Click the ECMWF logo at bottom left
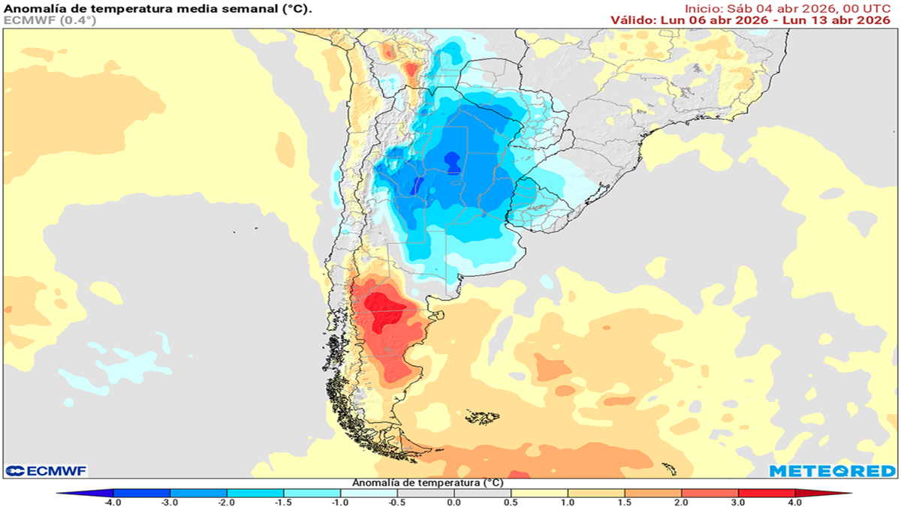coord(47,471)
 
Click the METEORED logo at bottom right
coord(832,471)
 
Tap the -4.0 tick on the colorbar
coord(113,501)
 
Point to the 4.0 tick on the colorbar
coord(795,501)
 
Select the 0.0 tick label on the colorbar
coord(454,501)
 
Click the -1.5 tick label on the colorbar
coord(284,501)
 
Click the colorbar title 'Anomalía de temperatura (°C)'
coord(427,482)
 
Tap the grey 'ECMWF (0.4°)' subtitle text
coord(50,20)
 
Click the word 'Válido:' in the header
coord(634,20)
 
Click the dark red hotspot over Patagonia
coord(384,309)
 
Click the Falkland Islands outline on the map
coord(481,416)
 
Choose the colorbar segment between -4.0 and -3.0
coord(142,493)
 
